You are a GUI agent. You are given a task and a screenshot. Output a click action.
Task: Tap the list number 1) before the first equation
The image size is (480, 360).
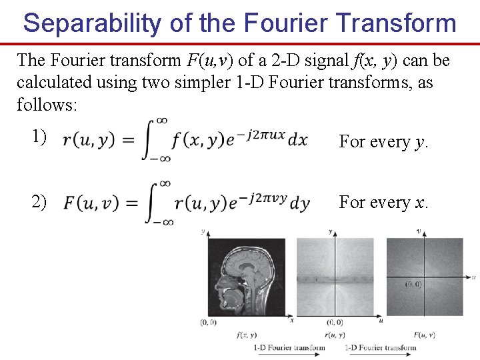39,137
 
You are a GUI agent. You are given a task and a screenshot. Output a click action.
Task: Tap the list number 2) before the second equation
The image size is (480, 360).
39,201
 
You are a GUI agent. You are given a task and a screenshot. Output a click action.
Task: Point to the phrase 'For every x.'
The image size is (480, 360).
383,202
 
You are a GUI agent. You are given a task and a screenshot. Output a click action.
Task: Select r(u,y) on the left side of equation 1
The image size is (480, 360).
88,141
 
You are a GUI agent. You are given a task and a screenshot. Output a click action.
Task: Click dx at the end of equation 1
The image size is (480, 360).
297,140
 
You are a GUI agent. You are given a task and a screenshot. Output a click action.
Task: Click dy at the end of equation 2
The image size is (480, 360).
300,203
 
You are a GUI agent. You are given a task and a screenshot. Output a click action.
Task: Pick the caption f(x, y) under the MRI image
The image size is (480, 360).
246,335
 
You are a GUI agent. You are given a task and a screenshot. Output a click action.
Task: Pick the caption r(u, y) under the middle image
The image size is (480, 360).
334,335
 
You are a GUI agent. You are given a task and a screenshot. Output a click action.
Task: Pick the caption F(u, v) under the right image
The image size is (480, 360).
424,335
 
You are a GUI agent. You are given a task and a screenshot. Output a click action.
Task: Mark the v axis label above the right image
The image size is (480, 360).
418,231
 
